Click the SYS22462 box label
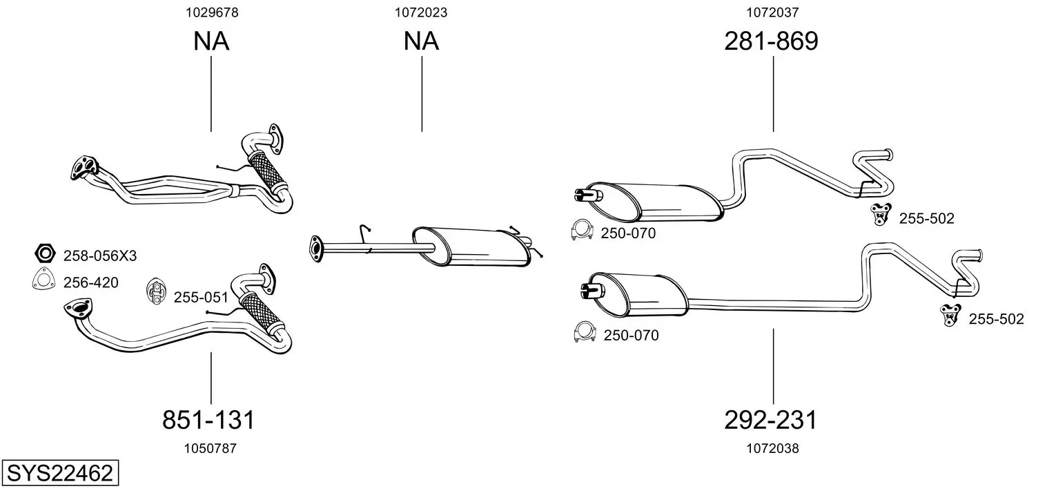(x=60, y=472)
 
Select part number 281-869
(x=771, y=41)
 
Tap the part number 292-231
(x=770, y=420)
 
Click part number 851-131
(x=208, y=419)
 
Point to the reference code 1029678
(x=212, y=12)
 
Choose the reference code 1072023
(x=421, y=12)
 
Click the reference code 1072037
(x=772, y=12)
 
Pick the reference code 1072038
(x=772, y=448)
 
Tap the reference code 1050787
(x=211, y=448)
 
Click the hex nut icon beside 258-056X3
(x=46, y=253)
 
